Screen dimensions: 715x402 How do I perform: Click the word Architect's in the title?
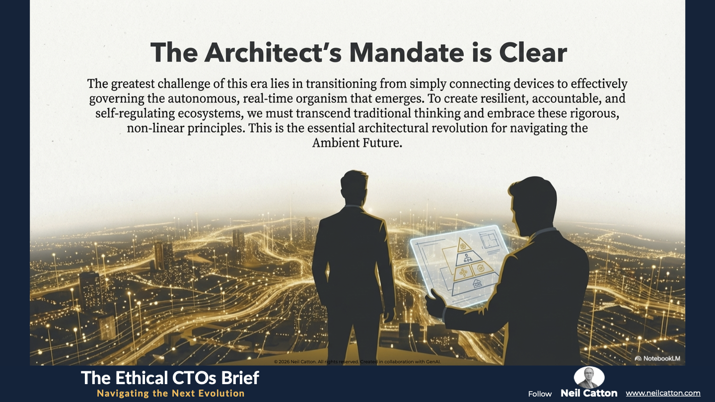pos(273,53)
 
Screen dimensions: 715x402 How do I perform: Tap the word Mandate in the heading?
pos(407,53)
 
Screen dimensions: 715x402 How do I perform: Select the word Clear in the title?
pos(533,53)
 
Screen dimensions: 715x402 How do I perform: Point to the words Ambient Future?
pos(357,143)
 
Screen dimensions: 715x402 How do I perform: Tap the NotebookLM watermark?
pos(657,358)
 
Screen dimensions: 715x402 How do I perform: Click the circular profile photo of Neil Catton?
pos(589,377)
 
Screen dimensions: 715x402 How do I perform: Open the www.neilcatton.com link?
pos(663,394)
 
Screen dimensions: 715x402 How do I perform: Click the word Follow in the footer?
pos(540,394)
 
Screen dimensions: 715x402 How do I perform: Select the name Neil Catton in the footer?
pos(589,393)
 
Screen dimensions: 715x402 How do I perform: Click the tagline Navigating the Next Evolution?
pos(171,394)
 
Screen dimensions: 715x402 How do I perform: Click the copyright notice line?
pos(357,362)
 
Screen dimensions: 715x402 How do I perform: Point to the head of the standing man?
pos(354,187)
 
